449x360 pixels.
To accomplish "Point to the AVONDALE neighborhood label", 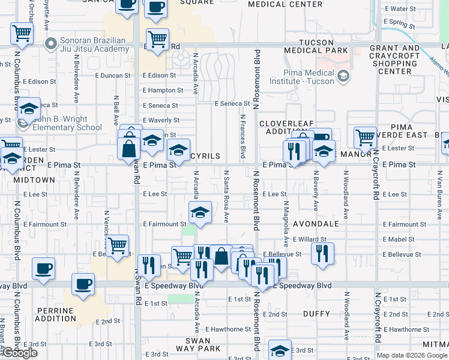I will [x=316, y=224].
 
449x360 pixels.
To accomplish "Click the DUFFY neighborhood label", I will [x=316, y=314].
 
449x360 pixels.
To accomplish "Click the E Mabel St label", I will [x=399, y=239].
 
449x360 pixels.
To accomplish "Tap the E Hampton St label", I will [x=163, y=90].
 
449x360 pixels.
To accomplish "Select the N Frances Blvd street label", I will [x=243, y=137].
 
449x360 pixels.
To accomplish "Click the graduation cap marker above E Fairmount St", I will [x=200, y=212].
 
